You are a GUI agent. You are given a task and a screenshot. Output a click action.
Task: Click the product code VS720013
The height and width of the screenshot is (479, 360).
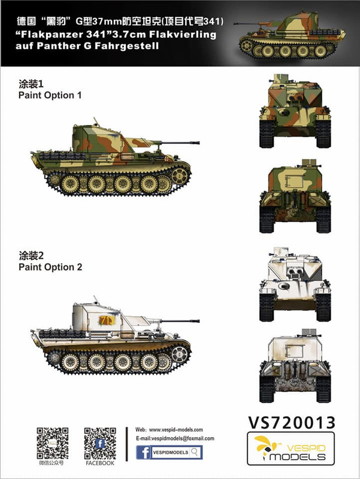[291, 423]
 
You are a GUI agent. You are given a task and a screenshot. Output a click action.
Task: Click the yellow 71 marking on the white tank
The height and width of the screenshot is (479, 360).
[107, 320]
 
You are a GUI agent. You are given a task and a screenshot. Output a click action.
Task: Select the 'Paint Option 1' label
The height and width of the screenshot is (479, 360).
[50, 95]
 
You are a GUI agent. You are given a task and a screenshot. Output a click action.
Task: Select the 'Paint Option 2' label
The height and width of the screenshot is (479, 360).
[50, 267]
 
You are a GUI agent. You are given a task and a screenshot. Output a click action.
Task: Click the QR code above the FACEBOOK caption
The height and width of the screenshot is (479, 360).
[100, 443]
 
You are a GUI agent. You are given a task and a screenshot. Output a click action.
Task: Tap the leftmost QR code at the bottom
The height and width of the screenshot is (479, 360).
[53, 443]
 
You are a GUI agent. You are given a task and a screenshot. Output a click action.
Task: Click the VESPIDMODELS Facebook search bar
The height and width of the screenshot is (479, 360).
[169, 453]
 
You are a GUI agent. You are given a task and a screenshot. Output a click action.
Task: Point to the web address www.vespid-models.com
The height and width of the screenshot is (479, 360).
[176, 430]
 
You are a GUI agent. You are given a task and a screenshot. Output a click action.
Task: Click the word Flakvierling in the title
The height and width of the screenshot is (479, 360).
[183, 35]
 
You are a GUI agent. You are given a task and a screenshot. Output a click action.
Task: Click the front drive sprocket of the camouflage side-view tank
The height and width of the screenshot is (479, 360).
[179, 175]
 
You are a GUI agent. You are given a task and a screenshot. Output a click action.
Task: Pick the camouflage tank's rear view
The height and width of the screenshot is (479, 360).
[295, 196]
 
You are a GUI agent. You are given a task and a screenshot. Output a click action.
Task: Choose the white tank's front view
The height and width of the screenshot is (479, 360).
[295, 284]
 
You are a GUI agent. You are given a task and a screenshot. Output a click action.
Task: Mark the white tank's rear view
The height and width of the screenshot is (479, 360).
[295, 366]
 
